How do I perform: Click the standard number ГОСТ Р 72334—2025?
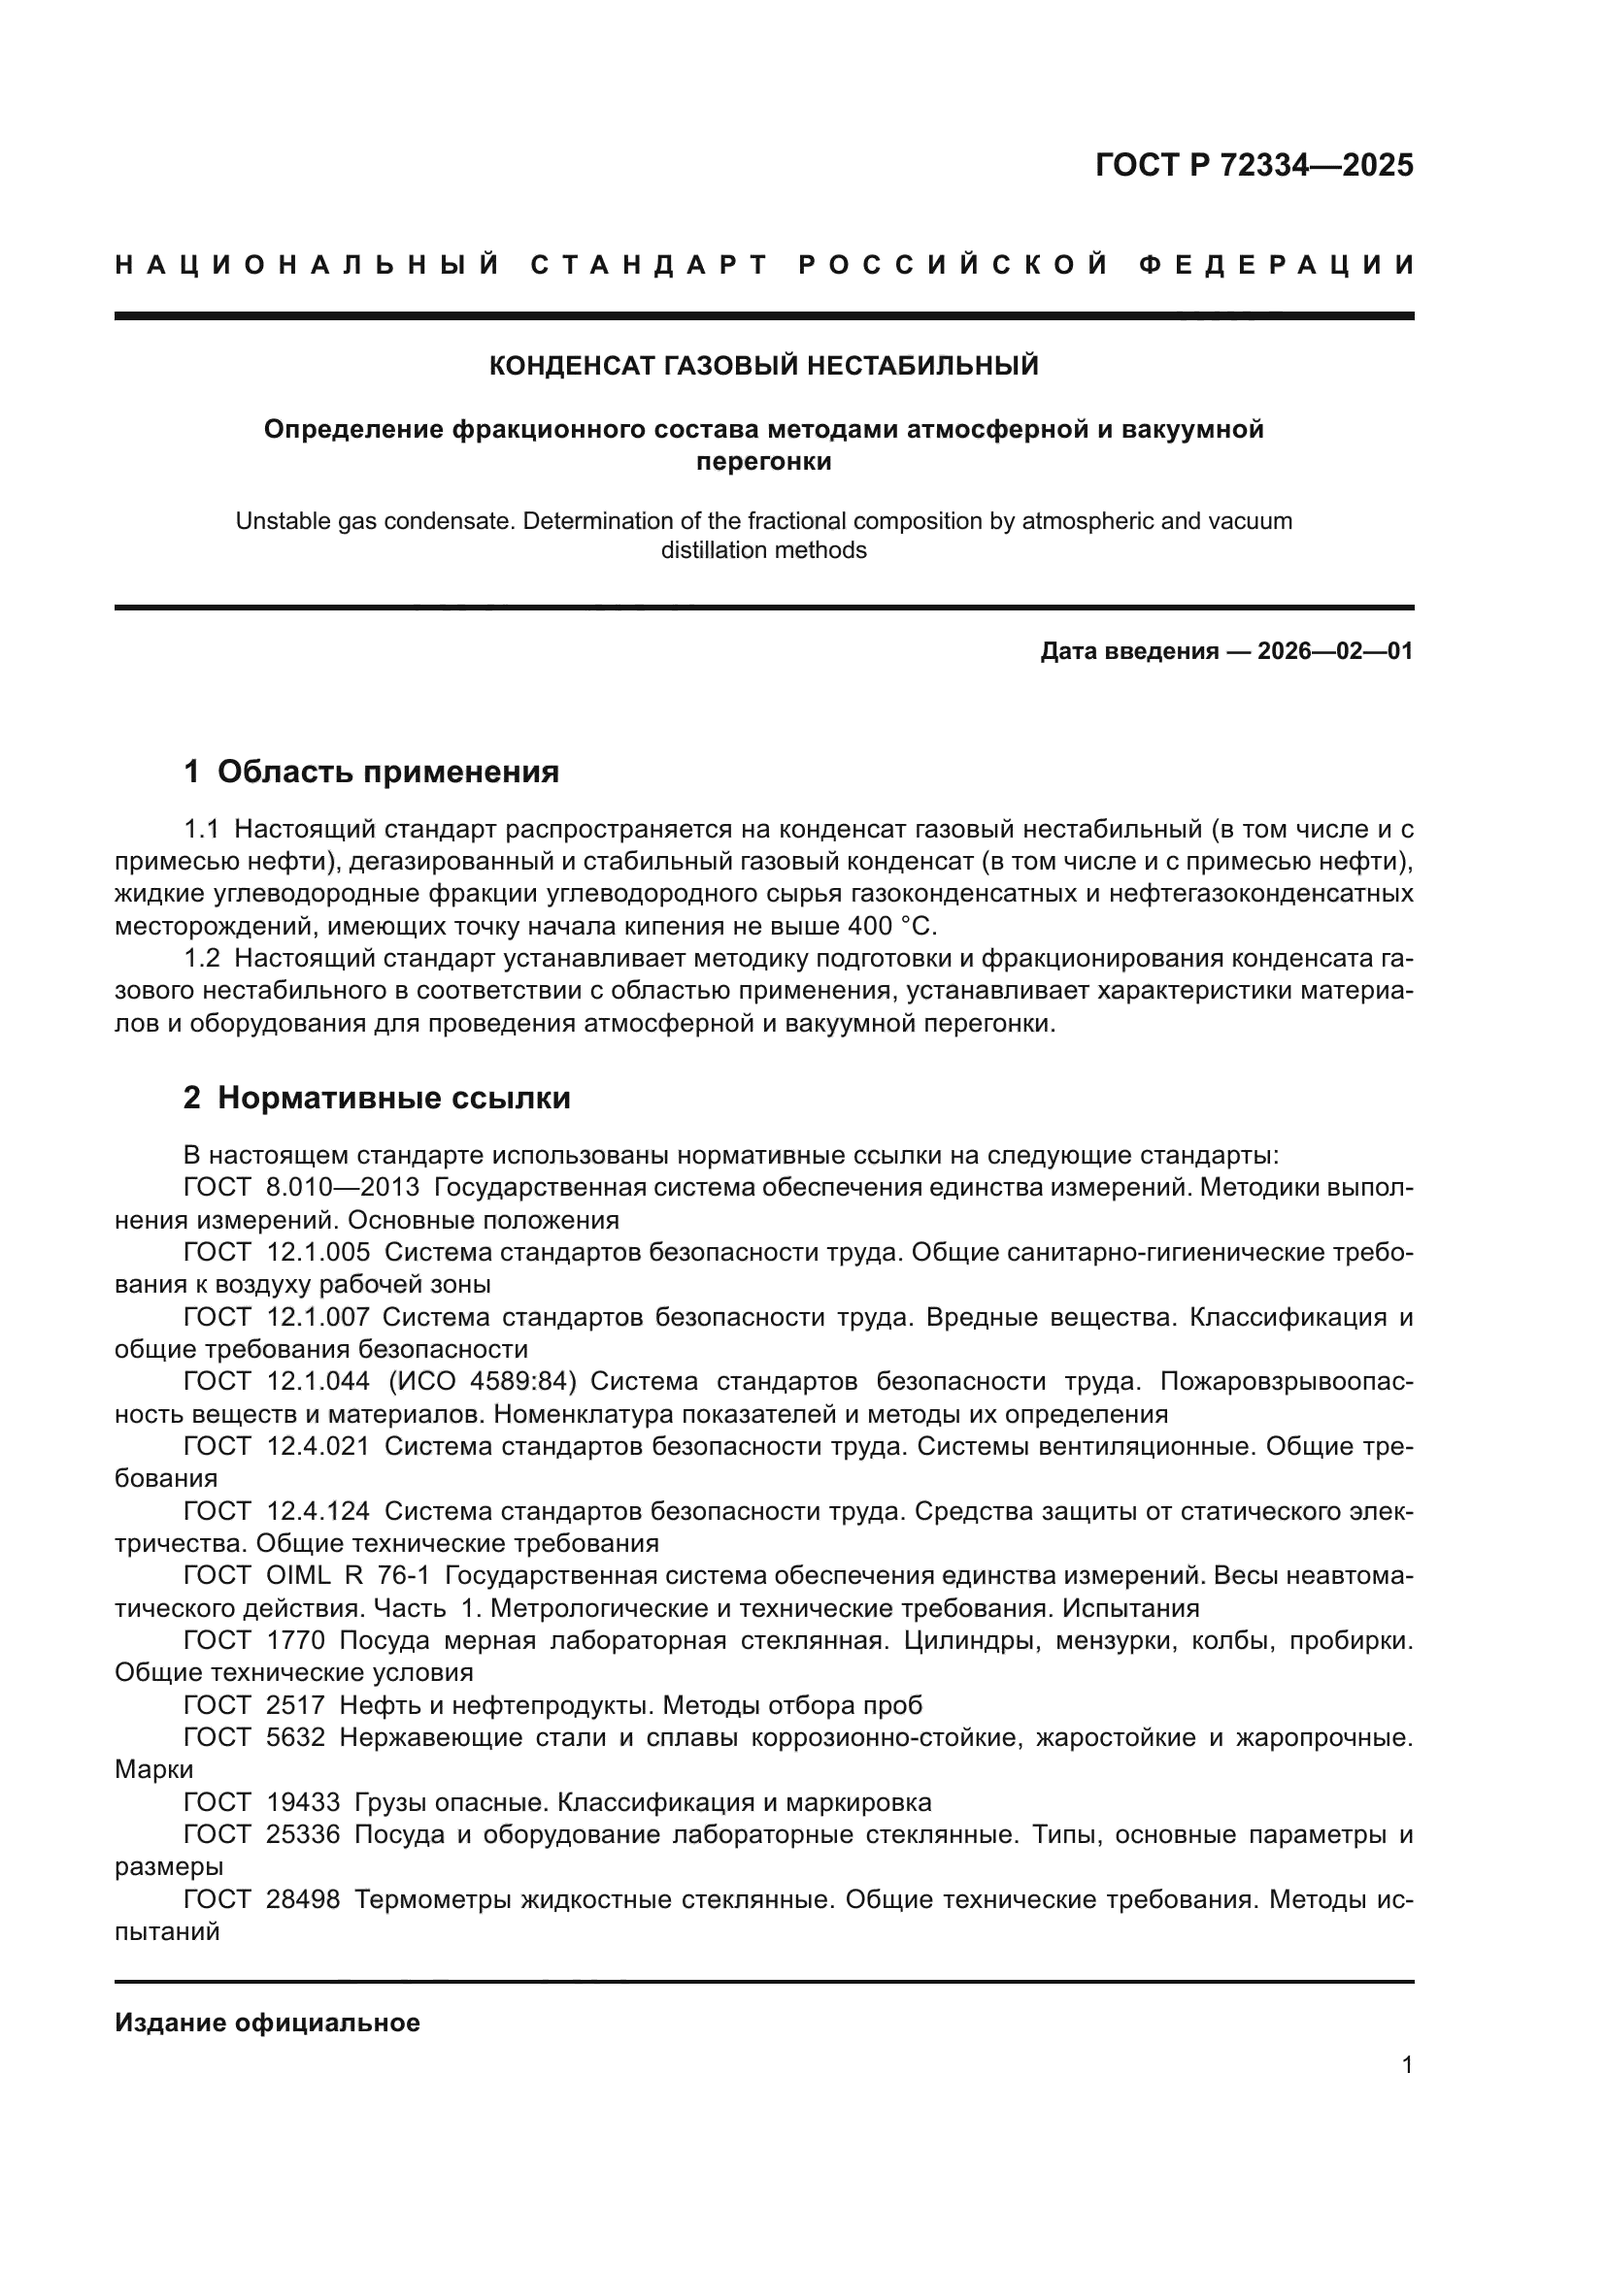(x=1254, y=165)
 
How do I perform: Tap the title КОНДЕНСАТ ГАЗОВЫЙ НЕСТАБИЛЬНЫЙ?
(x=763, y=366)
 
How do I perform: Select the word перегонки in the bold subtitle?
(x=763, y=462)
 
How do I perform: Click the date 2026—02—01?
(x=1335, y=651)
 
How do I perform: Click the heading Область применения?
(x=387, y=772)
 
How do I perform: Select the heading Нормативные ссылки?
(x=393, y=1098)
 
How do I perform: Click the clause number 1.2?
(x=202, y=959)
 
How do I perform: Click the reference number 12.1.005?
(x=318, y=1253)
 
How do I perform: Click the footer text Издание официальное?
(x=267, y=2023)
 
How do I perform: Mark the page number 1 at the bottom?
(x=1406, y=2065)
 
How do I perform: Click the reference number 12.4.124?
(x=318, y=1512)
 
